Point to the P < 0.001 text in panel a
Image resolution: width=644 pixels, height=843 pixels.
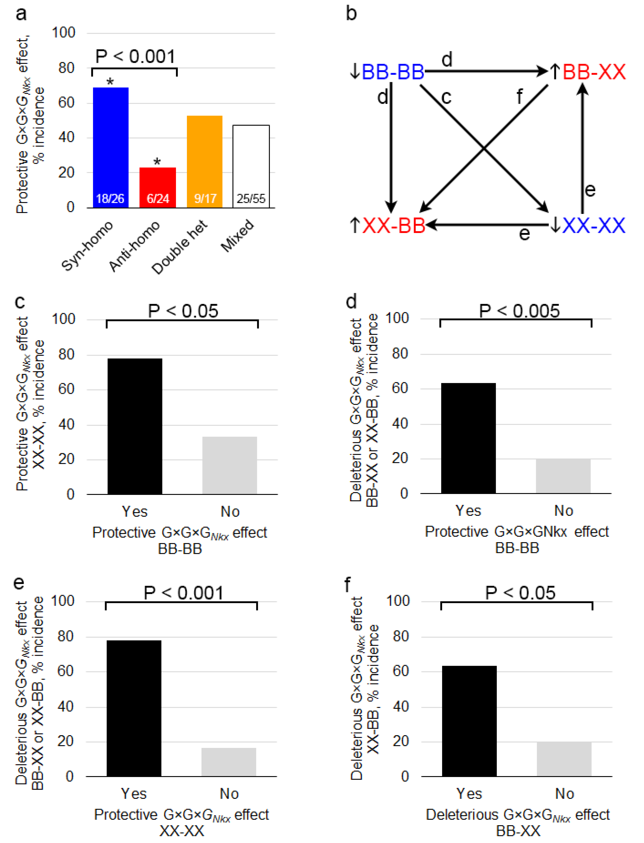[135, 57]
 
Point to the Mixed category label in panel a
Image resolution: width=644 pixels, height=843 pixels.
[238, 236]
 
